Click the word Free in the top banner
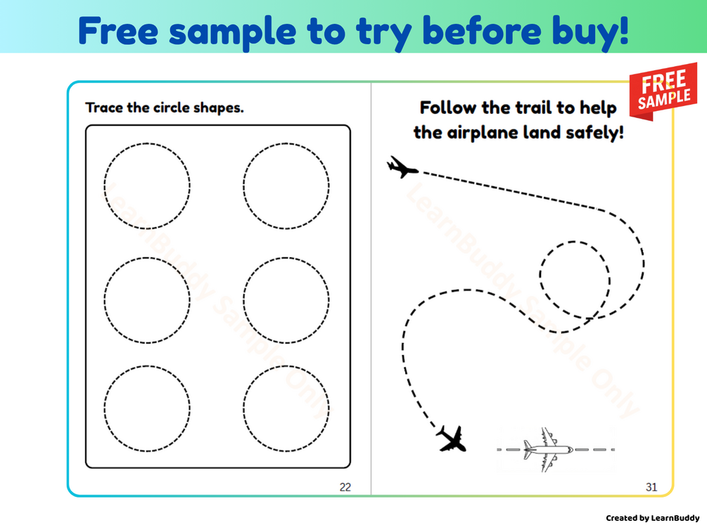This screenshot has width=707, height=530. (118, 31)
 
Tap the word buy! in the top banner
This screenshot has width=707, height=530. (591, 33)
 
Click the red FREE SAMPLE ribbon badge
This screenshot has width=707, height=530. (663, 91)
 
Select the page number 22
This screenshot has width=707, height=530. (345, 486)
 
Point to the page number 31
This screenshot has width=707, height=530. (651, 486)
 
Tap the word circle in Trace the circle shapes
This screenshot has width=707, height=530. (172, 108)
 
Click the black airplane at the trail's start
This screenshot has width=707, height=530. (402, 167)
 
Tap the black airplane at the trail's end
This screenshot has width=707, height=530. (452, 439)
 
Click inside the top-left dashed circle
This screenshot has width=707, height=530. (147, 186)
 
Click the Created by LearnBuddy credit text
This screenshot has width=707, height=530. (652, 518)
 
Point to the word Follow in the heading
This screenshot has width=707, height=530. (447, 108)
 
